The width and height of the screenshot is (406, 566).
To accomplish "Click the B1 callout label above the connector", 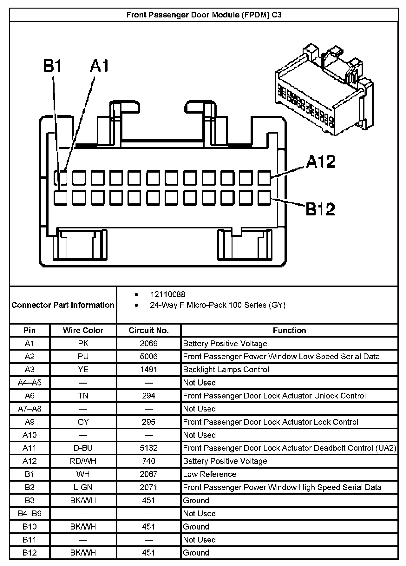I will (53, 66).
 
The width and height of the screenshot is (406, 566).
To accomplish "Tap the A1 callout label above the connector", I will (99, 66).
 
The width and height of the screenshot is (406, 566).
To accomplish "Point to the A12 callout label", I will (321, 161).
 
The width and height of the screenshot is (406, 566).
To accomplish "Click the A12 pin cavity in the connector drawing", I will (264, 178).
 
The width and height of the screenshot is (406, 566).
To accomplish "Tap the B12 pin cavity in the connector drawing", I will (264, 198).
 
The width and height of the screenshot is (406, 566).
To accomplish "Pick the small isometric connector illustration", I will (324, 90).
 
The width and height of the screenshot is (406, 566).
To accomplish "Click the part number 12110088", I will (167, 294).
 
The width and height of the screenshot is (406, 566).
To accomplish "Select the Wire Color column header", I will (83, 330).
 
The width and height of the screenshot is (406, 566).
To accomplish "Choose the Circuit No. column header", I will (148, 330).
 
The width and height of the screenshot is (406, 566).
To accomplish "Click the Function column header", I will (289, 330).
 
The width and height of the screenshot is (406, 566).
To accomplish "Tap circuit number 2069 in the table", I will (148, 343).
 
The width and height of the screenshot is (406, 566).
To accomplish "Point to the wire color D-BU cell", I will (83, 448).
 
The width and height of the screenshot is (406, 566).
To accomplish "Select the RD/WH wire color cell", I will (83, 461).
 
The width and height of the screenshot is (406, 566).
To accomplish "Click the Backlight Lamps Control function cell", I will (226, 370).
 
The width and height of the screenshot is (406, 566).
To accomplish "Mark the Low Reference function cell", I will (209, 474).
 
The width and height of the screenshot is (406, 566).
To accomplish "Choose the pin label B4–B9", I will (29, 513).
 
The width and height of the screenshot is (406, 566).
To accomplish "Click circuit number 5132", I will (148, 448).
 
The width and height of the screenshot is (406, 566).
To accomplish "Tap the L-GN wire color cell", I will (83, 487).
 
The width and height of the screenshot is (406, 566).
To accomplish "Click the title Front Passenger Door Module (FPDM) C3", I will (204, 15).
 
